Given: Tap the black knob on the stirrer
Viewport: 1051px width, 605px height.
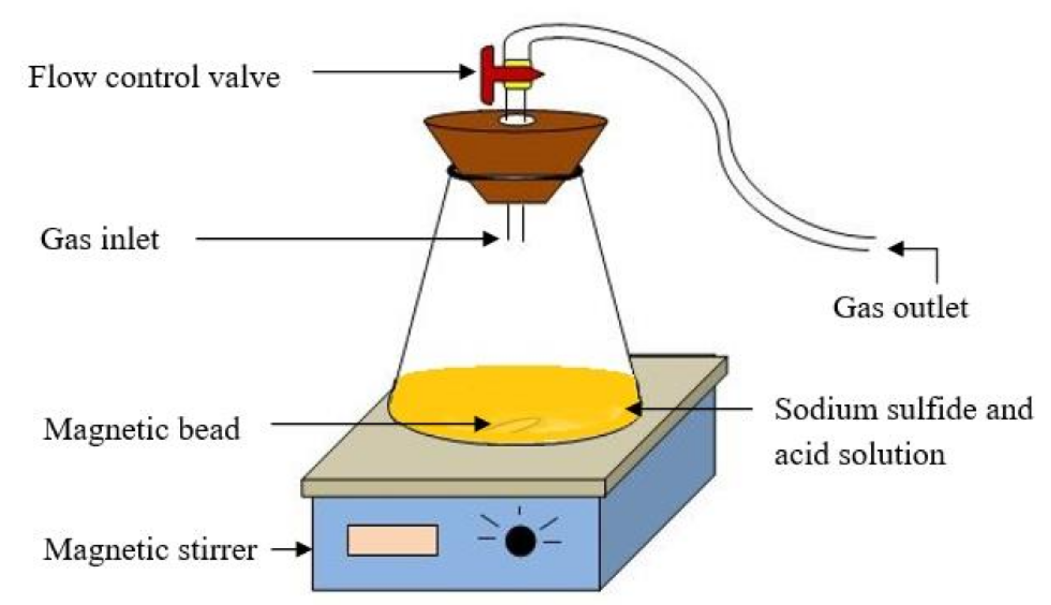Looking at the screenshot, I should tap(520, 541).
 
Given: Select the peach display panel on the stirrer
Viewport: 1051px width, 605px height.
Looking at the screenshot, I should tap(392, 540).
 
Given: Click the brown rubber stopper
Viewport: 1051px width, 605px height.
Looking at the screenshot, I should tap(515, 150).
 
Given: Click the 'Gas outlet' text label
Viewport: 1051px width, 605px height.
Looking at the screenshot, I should tap(900, 308).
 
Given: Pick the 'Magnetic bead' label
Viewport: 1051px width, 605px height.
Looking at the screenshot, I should tap(141, 430).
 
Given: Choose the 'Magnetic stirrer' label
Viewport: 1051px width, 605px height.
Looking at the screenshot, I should tap(150, 550).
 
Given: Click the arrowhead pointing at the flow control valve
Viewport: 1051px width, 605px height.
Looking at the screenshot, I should tap(467, 72).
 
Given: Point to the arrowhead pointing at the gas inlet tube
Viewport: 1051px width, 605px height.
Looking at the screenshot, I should tap(490, 239).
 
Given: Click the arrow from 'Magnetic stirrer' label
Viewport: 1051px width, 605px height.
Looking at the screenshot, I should tap(291, 549).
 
